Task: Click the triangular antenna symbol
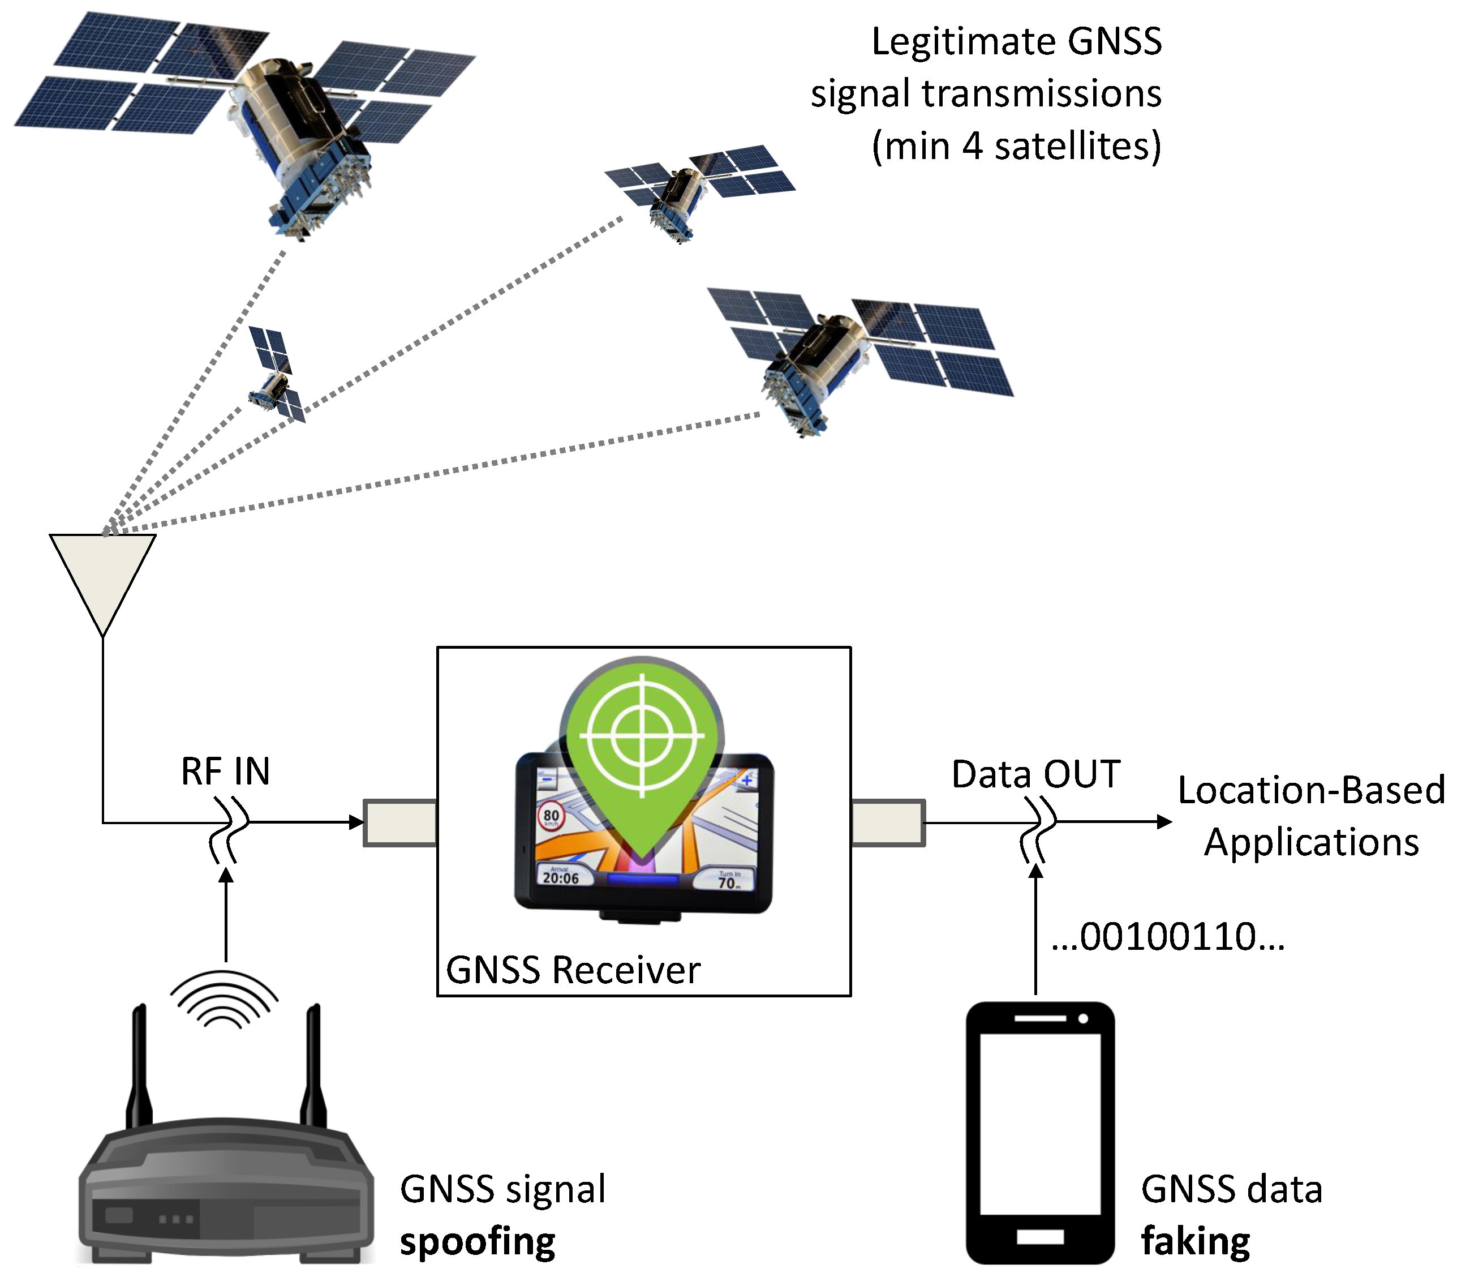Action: pos(102,573)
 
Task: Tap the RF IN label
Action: pos(225,771)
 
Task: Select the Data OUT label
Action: pos(1035,774)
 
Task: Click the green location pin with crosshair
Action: pos(642,741)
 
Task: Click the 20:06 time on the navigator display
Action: pos(561,878)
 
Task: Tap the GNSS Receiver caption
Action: pos(573,970)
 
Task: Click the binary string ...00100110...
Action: pos(1168,936)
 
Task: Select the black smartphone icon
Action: pos(1039,1133)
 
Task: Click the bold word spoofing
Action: pos(478,1241)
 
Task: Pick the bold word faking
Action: pos(1195,1241)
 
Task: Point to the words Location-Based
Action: pos(1310,790)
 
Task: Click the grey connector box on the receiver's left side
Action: pos(399,823)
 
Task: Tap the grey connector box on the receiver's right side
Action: pos(888,823)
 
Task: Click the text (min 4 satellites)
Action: pos(1016,146)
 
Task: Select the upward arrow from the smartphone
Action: pos(1036,927)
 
